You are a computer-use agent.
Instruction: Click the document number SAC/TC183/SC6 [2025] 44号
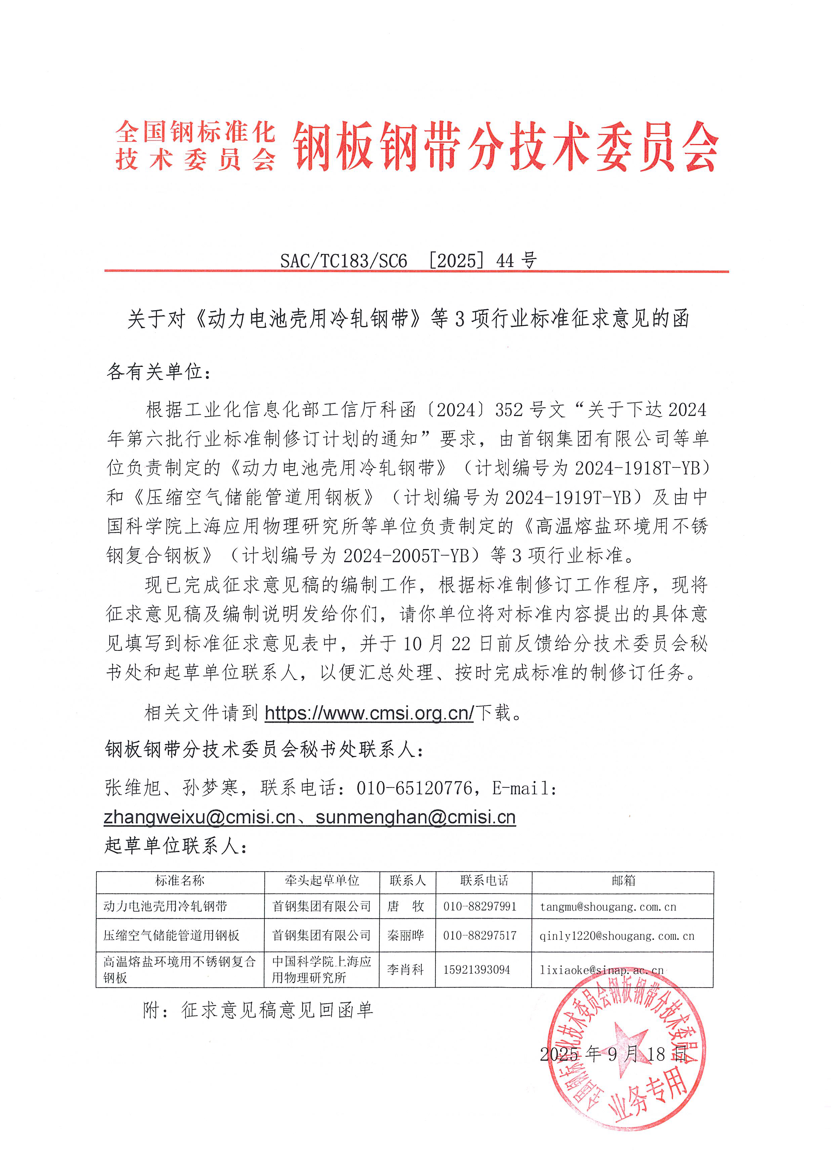point(408,260)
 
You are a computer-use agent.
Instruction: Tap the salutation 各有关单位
point(158,372)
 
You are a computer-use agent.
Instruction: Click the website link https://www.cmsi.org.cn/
point(369,713)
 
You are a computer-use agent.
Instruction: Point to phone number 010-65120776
point(414,788)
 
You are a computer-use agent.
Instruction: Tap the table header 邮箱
point(623,880)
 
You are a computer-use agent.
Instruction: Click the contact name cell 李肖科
point(406,969)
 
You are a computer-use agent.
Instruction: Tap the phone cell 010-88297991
point(480,907)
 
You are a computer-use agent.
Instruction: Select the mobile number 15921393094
point(476,970)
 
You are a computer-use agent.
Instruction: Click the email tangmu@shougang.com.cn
point(608,907)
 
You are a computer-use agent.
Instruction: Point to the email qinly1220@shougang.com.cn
point(617,936)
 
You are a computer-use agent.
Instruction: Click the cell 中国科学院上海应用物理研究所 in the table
point(321,969)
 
